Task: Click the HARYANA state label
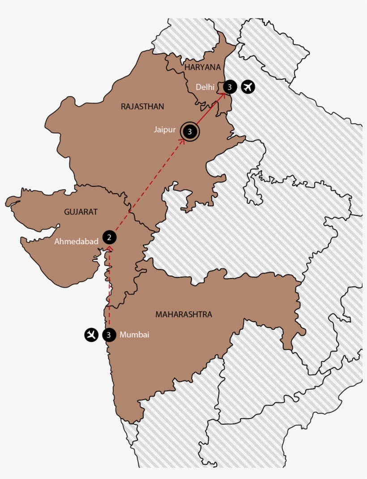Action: [203, 67]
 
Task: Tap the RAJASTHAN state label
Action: [142, 107]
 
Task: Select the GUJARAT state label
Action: [81, 212]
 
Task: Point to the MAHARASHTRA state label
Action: [183, 315]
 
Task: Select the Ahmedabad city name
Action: [76, 242]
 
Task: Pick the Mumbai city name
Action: [134, 334]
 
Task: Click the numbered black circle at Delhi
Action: [230, 87]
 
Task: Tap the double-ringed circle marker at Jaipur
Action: [190, 132]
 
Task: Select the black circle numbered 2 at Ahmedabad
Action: [109, 237]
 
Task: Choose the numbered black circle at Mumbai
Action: [109, 335]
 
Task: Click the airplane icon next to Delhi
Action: [248, 87]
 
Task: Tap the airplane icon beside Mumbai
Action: [92, 335]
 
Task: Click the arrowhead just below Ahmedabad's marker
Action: [109, 247]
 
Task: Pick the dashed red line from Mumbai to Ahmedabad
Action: [109, 291]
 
